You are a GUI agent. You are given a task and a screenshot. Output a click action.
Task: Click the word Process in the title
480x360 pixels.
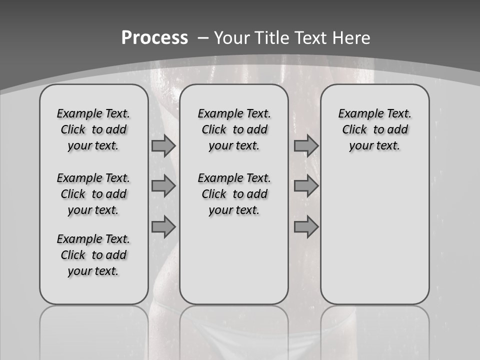(154, 38)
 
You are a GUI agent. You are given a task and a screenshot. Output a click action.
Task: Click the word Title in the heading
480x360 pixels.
(273, 38)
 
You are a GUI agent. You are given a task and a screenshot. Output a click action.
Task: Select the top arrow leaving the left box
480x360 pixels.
(163, 145)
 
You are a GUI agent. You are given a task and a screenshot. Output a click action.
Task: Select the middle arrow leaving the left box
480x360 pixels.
(163, 186)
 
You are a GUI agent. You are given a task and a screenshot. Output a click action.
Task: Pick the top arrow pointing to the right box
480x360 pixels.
(306, 145)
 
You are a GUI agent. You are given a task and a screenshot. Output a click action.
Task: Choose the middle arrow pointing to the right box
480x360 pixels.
(306, 186)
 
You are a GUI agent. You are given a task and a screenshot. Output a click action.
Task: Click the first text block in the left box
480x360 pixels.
(93, 129)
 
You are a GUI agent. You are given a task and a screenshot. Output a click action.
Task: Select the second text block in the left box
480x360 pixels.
(93, 194)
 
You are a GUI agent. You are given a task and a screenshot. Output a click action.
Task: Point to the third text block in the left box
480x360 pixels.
(93, 255)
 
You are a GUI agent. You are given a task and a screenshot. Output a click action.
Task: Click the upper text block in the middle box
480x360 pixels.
(234, 129)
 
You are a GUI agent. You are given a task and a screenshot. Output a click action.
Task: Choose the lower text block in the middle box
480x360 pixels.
(234, 194)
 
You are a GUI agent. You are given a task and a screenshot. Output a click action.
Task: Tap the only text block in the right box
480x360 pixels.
(374, 129)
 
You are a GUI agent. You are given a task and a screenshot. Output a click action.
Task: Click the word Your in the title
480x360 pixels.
(232, 38)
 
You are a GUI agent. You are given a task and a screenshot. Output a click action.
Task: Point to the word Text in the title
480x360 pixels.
(312, 38)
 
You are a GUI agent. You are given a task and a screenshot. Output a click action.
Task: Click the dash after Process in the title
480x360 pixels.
(203, 38)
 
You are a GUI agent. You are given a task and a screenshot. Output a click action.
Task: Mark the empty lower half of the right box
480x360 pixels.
(374, 235)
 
